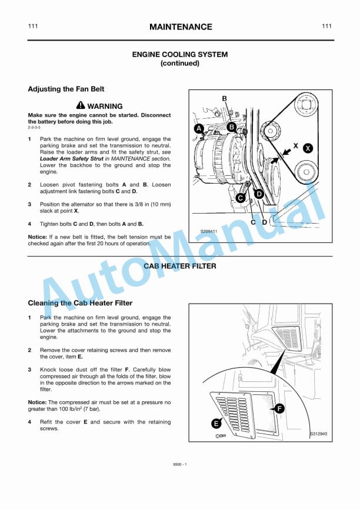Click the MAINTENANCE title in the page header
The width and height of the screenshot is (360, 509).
pyautogui.click(x=181, y=27)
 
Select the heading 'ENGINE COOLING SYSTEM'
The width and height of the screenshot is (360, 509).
pyautogui.click(x=180, y=54)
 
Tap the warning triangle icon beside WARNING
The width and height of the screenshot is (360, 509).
pyautogui.click(x=81, y=105)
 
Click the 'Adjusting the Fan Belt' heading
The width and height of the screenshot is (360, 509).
pyautogui.click(x=66, y=89)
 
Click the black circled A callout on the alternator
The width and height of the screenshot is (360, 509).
pyautogui.click(x=199, y=128)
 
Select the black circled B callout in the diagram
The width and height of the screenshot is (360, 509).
pyautogui.click(x=231, y=127)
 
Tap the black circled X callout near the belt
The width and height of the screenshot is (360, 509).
pyautogui.click(x=308, y=148)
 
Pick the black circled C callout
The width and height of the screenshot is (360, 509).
pyautogui.click(x=241, y=198)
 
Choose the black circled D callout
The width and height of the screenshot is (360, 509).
pyautogui.click(x=258, y=193)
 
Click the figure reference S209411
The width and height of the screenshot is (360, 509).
pyautogui.click(x=208, y=231)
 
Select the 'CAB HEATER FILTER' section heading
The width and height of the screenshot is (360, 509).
pyautogui.click(x=180, y=266)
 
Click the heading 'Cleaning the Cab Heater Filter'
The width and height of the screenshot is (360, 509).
pyautogui.click(x=80, y=303)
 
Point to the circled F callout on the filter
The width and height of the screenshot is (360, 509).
pyautogui.click(x=279, y=408)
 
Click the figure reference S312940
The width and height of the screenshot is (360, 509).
pyautogui.click(x=319, y=434)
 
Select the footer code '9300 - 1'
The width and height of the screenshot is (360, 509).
pyautogui.click(x=180, y=465)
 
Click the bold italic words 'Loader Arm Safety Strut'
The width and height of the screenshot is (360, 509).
pyautogui.click(x=71, y=159)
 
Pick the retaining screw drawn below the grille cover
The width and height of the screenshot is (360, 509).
pyautogui.click(x=219, y=435)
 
